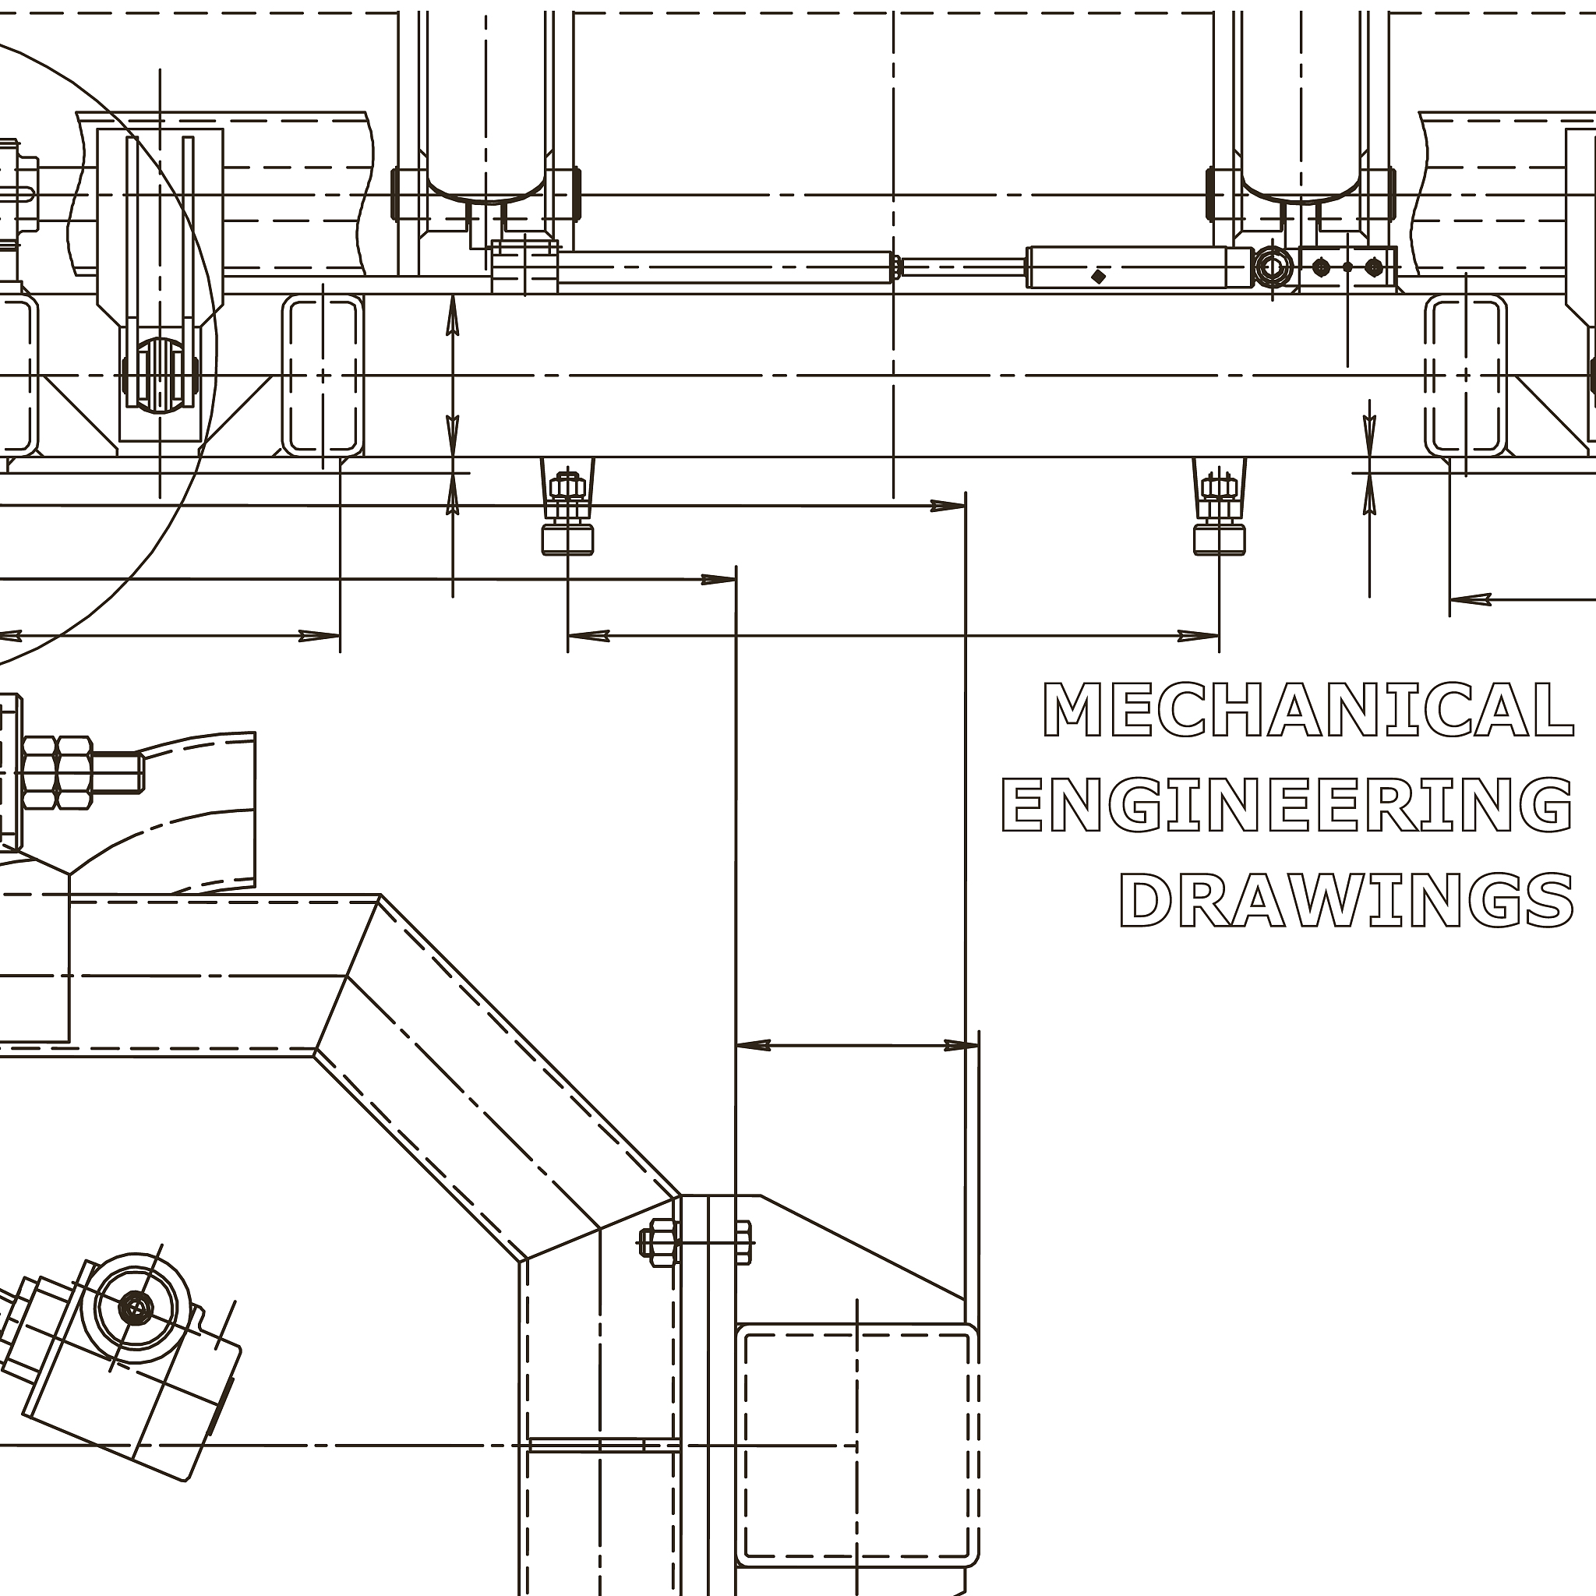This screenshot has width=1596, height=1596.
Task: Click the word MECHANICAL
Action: (x=1308, y=709)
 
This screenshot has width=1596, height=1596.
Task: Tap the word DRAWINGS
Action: (x=1347, y=899)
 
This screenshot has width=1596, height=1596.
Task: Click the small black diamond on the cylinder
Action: (x=1098, y=276)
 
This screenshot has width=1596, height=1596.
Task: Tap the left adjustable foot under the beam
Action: (x=567, y=506)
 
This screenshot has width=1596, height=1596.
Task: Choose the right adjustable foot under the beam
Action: (x=1220, y=506)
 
